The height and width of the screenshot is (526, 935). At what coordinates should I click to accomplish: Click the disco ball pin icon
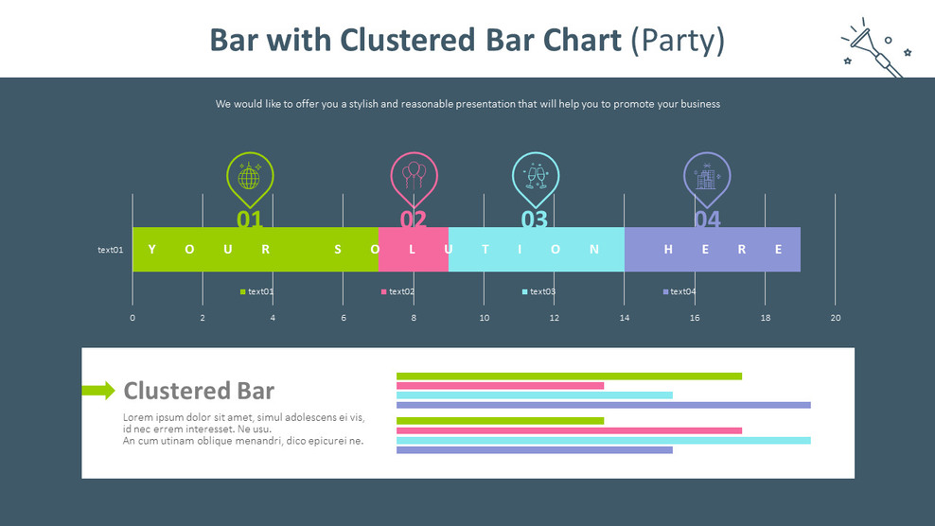[250, 178]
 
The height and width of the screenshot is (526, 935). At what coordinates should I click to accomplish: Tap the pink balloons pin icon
[414, 176]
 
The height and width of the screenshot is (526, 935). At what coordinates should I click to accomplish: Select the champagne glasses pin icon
[536, 177]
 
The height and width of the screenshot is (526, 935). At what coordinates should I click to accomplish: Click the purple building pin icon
[707, 177]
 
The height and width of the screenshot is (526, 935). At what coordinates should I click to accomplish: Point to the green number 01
[250, 219]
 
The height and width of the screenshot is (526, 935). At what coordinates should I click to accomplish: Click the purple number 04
[707, 219]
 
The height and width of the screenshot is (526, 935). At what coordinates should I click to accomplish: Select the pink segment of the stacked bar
[413, 250]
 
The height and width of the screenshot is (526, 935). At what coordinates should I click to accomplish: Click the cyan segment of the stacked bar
[536, 250]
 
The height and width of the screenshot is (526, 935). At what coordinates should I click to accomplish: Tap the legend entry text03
[538, 291]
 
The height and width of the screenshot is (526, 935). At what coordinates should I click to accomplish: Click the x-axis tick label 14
[625, 318]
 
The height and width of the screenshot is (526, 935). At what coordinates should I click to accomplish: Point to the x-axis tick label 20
[835, 318]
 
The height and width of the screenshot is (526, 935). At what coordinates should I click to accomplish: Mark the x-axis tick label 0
[132, 318]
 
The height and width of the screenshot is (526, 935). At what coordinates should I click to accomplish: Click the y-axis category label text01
[111, 250]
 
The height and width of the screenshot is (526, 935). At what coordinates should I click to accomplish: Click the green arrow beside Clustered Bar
[98, 390]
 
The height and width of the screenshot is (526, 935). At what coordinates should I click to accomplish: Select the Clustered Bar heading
[199, 391]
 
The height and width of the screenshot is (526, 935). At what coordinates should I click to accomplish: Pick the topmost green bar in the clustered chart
[569, 377]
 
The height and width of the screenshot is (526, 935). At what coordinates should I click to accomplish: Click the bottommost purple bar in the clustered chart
[534, 450]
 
